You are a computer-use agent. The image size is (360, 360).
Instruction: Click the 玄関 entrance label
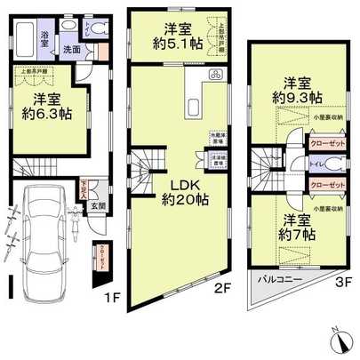(100, 207)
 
